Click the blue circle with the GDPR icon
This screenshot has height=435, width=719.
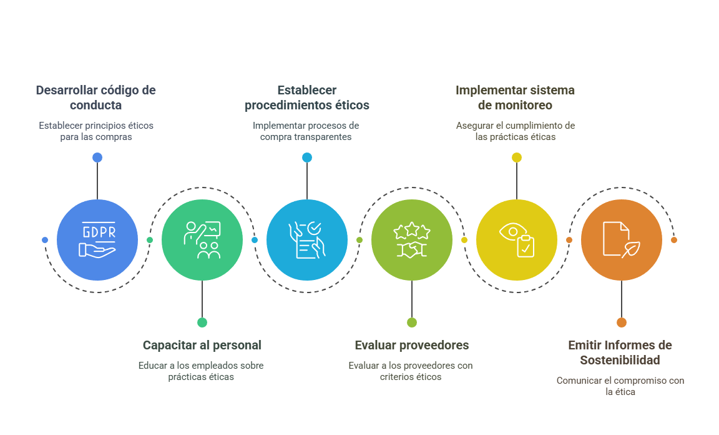click(x=97, y=240)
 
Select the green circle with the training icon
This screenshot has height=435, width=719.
click(x=202, y=240)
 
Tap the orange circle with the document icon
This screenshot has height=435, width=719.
click(x=622, y=240)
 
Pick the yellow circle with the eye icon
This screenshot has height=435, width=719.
click(x=517, y=240)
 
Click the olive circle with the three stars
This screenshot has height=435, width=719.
click(x=412, y=240)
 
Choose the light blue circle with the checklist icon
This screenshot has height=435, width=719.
click(x=307, y=240)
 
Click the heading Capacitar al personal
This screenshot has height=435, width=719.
click(x=202, y=345)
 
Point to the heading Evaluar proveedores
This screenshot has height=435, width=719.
click(x=412, y=345)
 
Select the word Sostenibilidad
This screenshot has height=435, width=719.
click(x=620, y=360)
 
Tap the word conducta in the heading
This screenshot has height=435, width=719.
click(x=96, y=105)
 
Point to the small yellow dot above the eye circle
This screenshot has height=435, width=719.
click(x=517, y=157)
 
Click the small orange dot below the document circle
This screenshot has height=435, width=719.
click(x=622, y=322)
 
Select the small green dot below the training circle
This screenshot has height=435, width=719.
click(x=202, y=322)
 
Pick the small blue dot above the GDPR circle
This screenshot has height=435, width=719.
click(x=97, y=157)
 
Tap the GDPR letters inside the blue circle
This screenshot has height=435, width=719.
click(x=99, y=232)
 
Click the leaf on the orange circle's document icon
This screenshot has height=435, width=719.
click(x=632, y=249)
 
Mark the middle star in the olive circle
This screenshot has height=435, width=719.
click(x=412, y=229)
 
